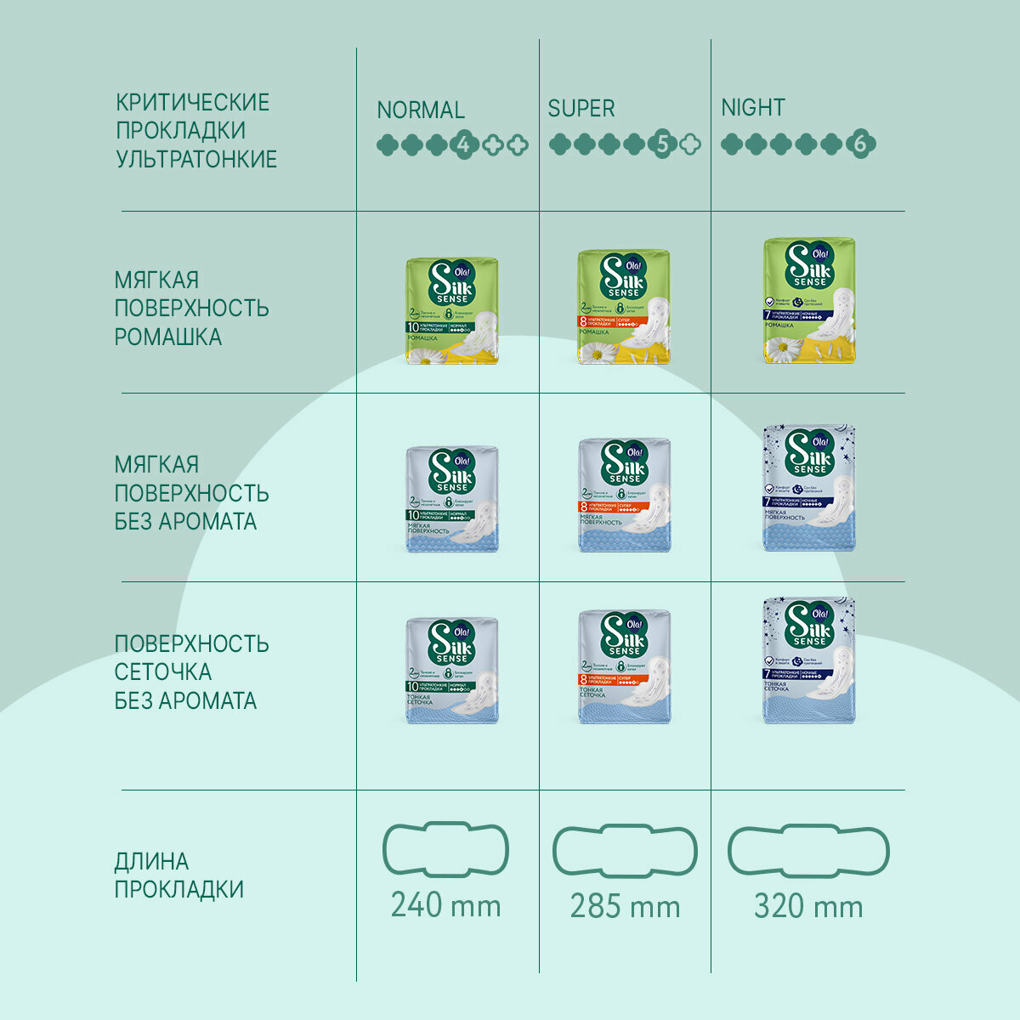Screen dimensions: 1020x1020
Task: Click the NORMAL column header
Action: click(420, 110)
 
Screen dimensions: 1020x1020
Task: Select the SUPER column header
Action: click(581, 109)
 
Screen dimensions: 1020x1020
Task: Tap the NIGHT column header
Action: click(752, 108)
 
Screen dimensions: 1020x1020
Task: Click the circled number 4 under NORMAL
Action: click(463, 145)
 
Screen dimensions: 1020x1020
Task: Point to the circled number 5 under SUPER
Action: click(663, 144)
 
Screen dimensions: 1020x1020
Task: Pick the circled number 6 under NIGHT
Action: click(859, 144)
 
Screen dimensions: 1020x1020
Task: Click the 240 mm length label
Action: click(445, 905)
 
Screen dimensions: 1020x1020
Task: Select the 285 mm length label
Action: click(625, 906)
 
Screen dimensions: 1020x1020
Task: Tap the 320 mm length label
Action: click(808, 906)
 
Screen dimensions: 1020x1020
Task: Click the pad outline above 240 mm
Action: click(445, 849)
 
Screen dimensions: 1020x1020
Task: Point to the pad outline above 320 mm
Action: click(808, 849)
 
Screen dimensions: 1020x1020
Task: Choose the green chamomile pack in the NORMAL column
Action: click(451, 311)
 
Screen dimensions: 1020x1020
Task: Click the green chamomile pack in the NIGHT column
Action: click(808, 301)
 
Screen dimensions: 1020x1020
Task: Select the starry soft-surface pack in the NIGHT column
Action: click(808, 488)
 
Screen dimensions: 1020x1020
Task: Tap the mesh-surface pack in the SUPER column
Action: click(625, 667)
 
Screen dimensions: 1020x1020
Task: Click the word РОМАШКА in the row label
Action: click(168, 337)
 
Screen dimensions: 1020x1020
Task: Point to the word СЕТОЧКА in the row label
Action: click(163, 671)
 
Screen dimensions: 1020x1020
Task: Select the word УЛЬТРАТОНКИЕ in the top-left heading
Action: click(196, 159)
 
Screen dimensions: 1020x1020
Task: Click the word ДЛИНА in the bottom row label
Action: click(151, 861)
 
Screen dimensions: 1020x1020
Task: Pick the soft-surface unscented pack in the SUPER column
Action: click(625, 496)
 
